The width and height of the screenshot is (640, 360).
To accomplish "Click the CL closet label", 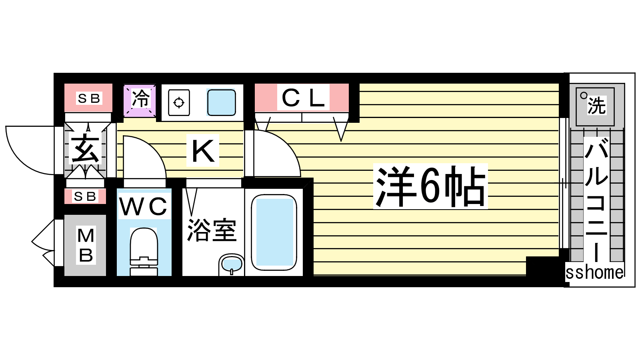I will tap(303, 98).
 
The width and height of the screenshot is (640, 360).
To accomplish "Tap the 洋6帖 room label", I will tap(430, 186).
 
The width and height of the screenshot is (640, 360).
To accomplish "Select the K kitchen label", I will tap(202, 151).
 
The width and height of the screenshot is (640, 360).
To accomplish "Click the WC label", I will tap(144, 206).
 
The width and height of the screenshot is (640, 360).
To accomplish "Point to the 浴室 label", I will tap(212, 230).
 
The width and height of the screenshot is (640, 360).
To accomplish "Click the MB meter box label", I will tap(86, 245).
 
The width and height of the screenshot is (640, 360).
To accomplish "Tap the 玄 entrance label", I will tap(85, 148).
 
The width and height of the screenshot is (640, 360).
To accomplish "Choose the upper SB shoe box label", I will tap(89, 98).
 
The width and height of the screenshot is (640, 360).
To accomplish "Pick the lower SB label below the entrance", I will tap(85, 196).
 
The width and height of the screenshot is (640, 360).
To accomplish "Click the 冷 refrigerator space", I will tap(140, 99).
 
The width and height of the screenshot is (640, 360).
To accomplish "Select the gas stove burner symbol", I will tap(179, 103).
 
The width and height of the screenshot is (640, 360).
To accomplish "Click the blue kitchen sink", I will tap(221, 102).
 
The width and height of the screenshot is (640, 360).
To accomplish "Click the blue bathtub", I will tap(274, 232).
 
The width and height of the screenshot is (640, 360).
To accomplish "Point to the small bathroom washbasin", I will tap(232, 264).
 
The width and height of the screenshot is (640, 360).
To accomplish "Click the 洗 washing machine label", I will tap(596, 105).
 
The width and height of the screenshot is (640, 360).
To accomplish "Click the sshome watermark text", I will tap(594, 272).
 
